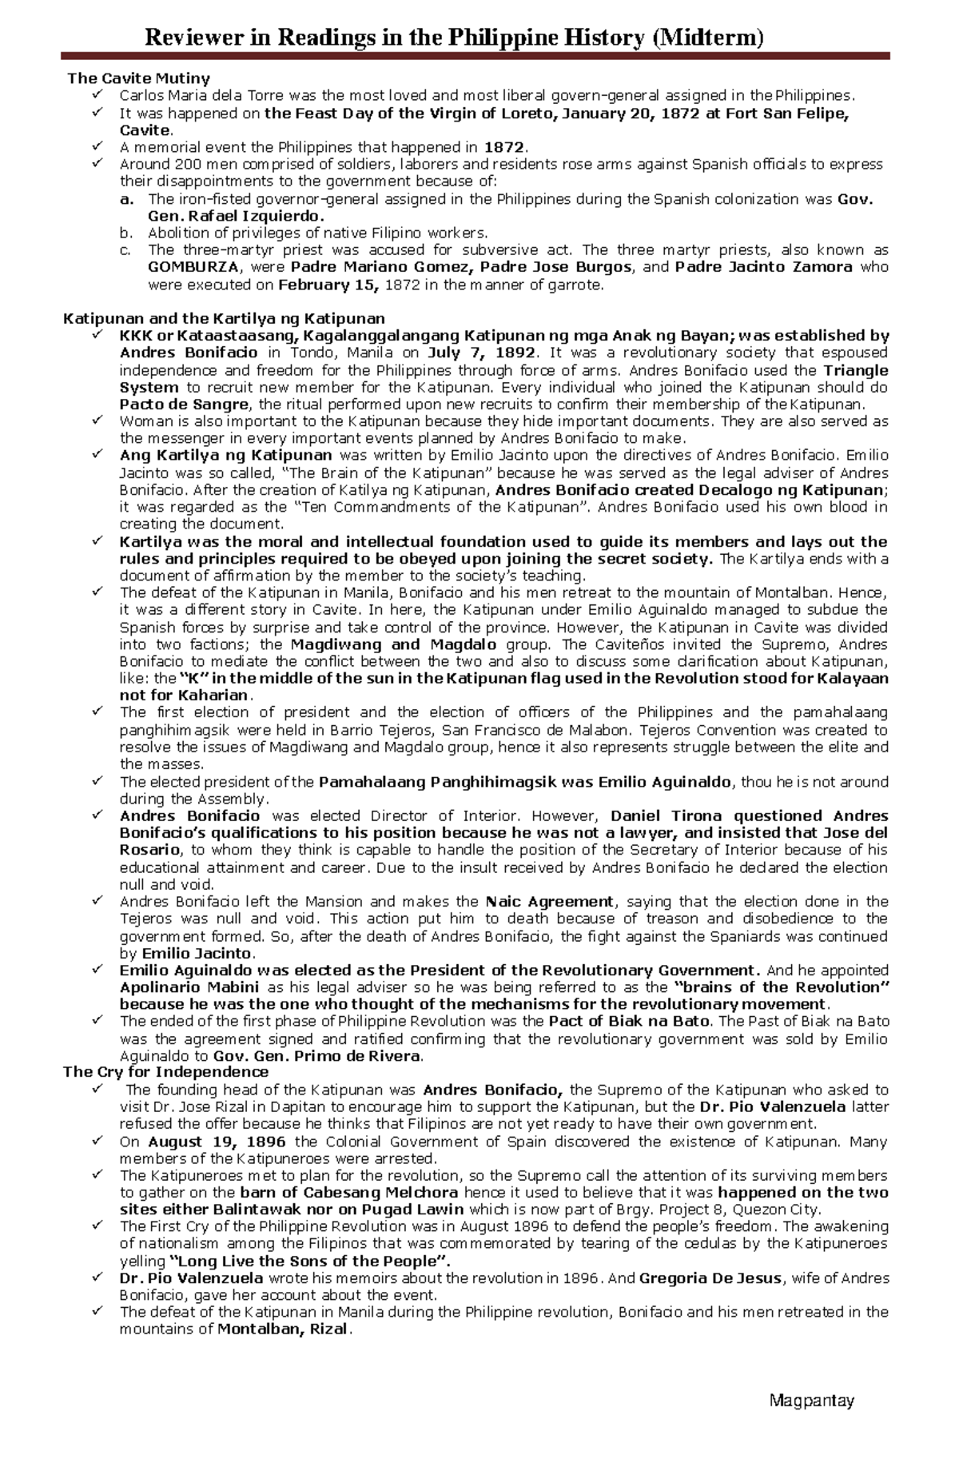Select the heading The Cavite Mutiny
coord(138,78)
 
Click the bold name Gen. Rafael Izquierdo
coord(237,216)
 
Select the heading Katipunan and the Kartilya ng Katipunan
coord(224,318)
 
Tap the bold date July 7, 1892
coord(483,353)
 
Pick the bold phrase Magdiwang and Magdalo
coord(392,644)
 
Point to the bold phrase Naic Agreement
coord(550,901)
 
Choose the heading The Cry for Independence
coord(166,1071)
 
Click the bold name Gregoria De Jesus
coord(710,1278)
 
